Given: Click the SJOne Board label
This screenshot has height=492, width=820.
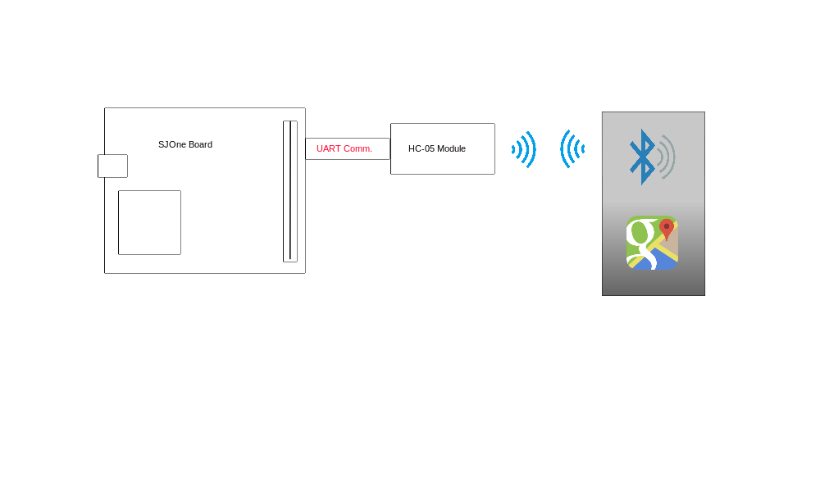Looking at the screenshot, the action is (x=185, y=144).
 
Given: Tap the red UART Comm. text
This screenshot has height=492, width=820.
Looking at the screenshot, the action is (x=344, y=148).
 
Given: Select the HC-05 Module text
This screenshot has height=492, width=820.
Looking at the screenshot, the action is (x=437, y=148).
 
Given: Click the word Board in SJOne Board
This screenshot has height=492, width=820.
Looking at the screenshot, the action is (x=200, y=144).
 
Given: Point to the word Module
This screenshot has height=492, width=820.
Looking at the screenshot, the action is (x=451, y=148).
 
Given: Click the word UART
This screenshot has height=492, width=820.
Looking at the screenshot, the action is (x=329, y=148).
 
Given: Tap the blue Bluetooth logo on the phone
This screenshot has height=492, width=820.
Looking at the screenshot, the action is (x=642, y=157).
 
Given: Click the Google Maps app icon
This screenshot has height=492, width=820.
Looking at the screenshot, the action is (x=652, y=243).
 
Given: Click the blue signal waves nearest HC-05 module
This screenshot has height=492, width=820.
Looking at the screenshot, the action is (x=524, y=149).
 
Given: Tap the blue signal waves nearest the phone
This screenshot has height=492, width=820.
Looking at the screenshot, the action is (x=572, y=149).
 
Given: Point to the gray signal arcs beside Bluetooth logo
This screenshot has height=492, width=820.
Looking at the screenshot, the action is (x=666, y=157).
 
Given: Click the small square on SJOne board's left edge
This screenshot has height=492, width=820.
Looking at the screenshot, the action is (x=112, y=166).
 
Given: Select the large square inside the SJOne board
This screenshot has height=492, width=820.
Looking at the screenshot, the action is (x=149, y=223).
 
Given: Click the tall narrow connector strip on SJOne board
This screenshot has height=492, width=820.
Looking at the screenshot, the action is (x=290, y=191).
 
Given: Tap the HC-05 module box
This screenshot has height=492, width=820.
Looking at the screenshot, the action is (x=443, y=149).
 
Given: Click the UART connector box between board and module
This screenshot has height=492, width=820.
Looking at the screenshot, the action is (x=348, y=149).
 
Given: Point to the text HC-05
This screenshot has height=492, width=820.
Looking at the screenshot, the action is (x=421, y=148).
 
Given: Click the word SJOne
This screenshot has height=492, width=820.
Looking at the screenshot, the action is (x=172, y=144).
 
